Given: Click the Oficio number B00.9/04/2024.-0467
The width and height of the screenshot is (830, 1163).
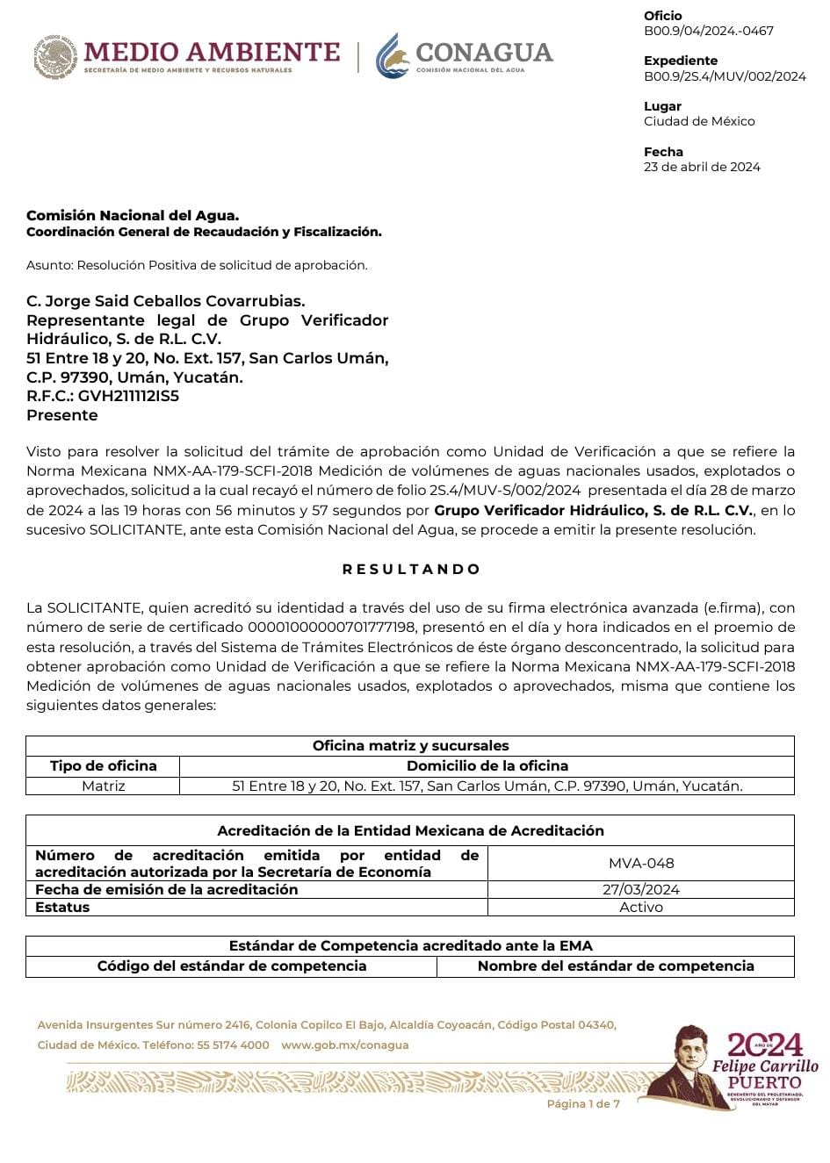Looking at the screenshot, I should (709, 31).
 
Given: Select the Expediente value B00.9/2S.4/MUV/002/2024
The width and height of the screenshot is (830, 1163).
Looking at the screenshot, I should (725, 76).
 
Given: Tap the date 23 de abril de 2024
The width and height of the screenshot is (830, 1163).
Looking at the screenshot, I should (702, 167).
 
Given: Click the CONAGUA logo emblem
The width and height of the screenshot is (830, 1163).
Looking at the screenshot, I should (393, 56).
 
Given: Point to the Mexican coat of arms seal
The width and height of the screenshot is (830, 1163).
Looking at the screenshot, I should (55, 57).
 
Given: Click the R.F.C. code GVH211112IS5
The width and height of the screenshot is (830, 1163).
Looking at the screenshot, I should (128, 396).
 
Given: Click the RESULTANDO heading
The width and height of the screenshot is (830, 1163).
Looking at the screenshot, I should (411, 569).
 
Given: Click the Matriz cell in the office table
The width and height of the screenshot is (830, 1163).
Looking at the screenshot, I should (103, 786).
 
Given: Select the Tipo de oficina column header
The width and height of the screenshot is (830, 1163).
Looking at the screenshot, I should (103, 766).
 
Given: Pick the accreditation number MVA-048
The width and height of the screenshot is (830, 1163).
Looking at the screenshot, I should (641, 863).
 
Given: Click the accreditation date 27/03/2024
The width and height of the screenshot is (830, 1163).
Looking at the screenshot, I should (641, 889).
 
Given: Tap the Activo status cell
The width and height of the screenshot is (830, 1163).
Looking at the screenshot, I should (641, 908).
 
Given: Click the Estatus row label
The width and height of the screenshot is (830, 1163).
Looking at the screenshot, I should (62, 908).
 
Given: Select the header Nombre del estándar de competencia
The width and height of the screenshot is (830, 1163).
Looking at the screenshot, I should (616, 966).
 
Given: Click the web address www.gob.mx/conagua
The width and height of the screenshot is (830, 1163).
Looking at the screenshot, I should (345, 1045).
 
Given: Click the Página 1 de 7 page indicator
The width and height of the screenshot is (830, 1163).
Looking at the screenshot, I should (583, 1103).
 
